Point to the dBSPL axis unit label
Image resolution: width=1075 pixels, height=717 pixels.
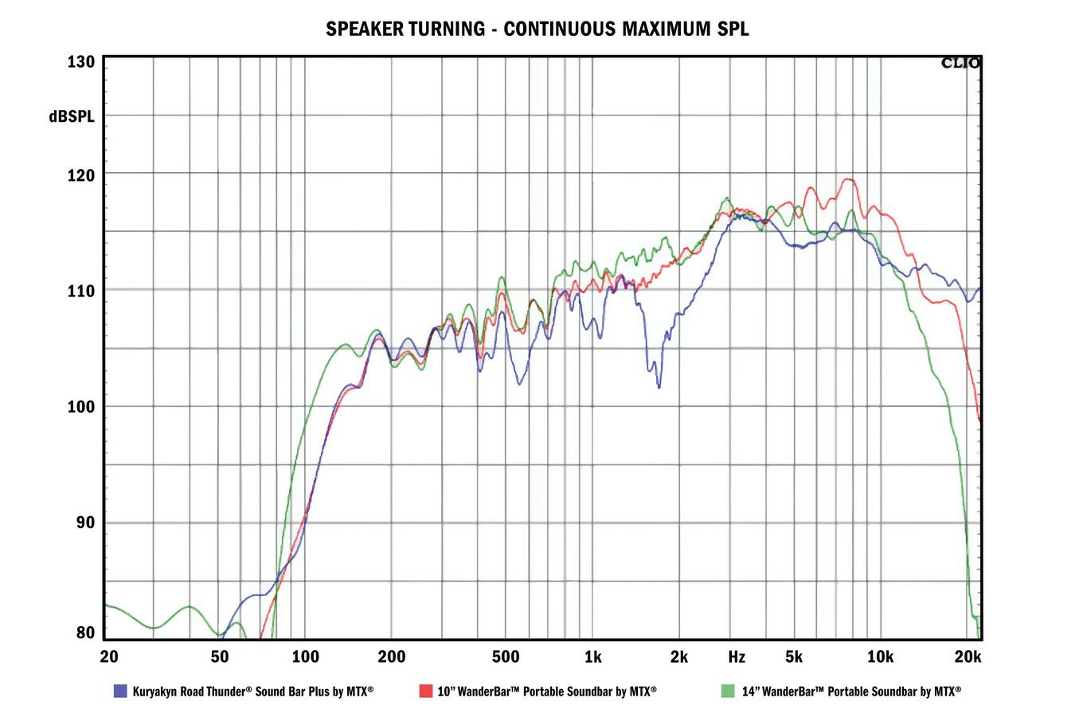click(71, 116)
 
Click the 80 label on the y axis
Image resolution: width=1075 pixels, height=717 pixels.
click(86, 633)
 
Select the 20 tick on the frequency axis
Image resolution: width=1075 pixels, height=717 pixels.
click(110, 657)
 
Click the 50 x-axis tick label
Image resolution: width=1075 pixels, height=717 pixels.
click(220, 657)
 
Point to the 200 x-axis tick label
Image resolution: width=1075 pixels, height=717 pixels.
click(391, 657)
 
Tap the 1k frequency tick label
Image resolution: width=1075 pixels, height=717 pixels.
click(592, 657)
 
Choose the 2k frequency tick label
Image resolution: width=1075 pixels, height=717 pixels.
click(678, 657)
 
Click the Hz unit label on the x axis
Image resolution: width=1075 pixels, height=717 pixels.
click(737, 657)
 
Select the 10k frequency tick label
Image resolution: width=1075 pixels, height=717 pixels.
click(880, 657)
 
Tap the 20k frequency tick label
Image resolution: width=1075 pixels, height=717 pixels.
click(967, 657)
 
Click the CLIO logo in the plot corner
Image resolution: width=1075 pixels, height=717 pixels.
click(961, 63)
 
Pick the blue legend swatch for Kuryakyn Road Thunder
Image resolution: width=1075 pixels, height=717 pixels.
click(121, 691)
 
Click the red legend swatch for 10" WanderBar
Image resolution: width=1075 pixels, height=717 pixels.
click(425, 691)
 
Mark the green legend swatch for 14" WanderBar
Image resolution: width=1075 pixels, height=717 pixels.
click(727, 691)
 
